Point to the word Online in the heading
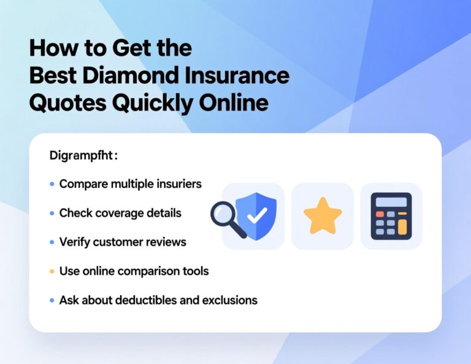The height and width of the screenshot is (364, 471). coord(234,103)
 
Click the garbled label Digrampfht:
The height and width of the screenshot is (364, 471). coord(83,156)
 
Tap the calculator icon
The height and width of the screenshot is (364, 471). coord(391,216)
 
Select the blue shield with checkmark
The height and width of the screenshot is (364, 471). coord(256,215)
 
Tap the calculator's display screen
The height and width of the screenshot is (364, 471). coord(391,202)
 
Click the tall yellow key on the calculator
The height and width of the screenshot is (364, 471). coord(402,227)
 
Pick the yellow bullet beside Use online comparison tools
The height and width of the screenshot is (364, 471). coord(52,271)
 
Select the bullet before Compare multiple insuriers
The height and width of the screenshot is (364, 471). coord(52,184)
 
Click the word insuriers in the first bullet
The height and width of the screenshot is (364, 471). coord(180,184)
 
